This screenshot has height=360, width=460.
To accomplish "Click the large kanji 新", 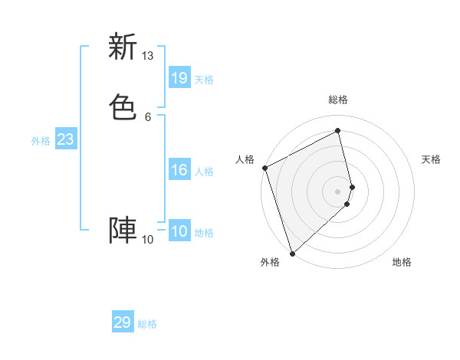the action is pyautogui.click(x=123, y=47).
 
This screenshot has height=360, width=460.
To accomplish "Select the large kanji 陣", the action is pyautogui.click(x=123, y=231).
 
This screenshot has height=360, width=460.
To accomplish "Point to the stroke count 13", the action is pyautogui.click(x=147, y=56).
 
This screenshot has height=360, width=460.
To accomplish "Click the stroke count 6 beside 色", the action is pyautogui.click(x=147, y=116).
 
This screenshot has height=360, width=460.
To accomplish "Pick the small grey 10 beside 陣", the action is pyautogui.click(x=147, y=240).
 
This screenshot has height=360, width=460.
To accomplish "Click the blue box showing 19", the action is pyautogui.click(x=179, y=78).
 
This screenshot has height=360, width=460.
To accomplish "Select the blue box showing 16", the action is pyautogui.click(x=179, y=170).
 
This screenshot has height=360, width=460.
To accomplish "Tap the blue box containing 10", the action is pyautogui.click(x=179, y=231).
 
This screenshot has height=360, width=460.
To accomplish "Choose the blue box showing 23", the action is pyautogui.click(x=66, y=139).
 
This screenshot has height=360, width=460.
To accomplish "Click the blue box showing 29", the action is pyautogui.click(x=123, y=322).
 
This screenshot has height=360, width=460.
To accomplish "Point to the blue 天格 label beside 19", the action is pyautogui.click(x=204, y=80).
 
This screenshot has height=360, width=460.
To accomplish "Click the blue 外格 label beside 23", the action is pyautogui.click(x=41, y=141).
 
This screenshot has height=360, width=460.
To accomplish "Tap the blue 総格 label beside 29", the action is pyautogui.click(x=147, y=324).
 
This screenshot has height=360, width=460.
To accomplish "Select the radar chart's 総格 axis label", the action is pyautogui.click(x=338, y=100).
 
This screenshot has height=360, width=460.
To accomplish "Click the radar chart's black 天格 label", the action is pyautogui.click(x=432, y=159).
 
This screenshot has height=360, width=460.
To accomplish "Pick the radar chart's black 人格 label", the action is pyautogui.click(x=245, y=159).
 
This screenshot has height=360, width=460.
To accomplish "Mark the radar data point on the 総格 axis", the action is pyautogui.click(x=338, y=130).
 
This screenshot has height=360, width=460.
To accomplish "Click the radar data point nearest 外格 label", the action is pyautogui.click(x=291, y=253).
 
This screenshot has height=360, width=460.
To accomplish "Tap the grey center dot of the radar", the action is pyautogui.click(x=338, y=191).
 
